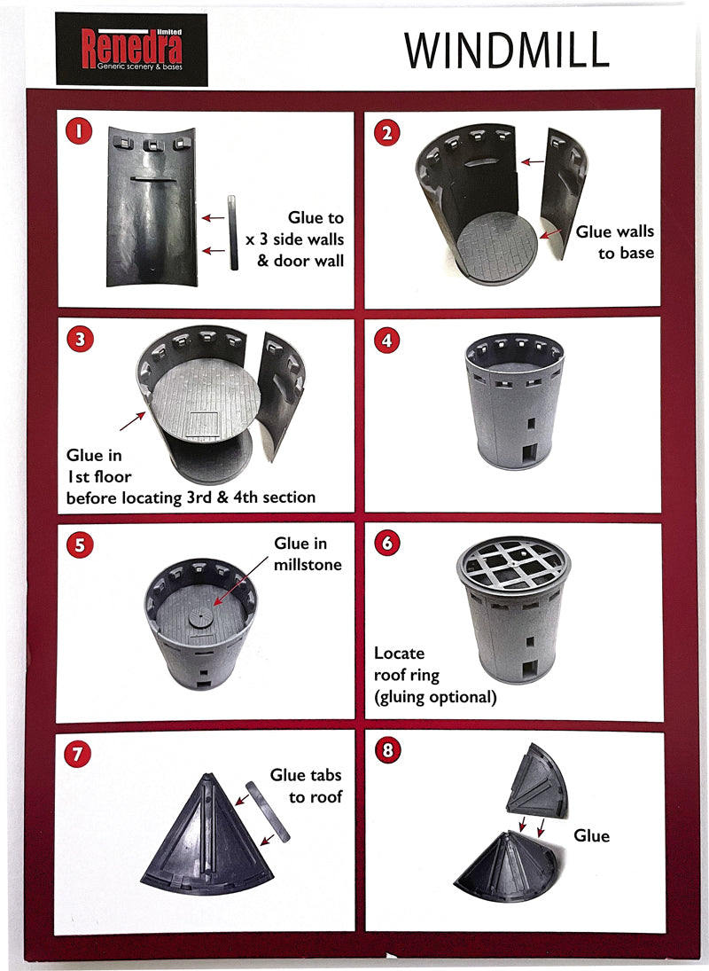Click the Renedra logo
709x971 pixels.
pos(131,49)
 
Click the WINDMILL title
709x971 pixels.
pos(506,51)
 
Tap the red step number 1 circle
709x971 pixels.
pos(80,133)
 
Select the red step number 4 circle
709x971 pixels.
pos(387,340)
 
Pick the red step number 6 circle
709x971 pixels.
pos(387,543)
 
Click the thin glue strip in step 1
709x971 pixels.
pos(233,233)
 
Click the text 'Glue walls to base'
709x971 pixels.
pos(615,242)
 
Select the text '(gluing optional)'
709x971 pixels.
pos(435,697)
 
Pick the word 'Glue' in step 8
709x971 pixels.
pos(591,835)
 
